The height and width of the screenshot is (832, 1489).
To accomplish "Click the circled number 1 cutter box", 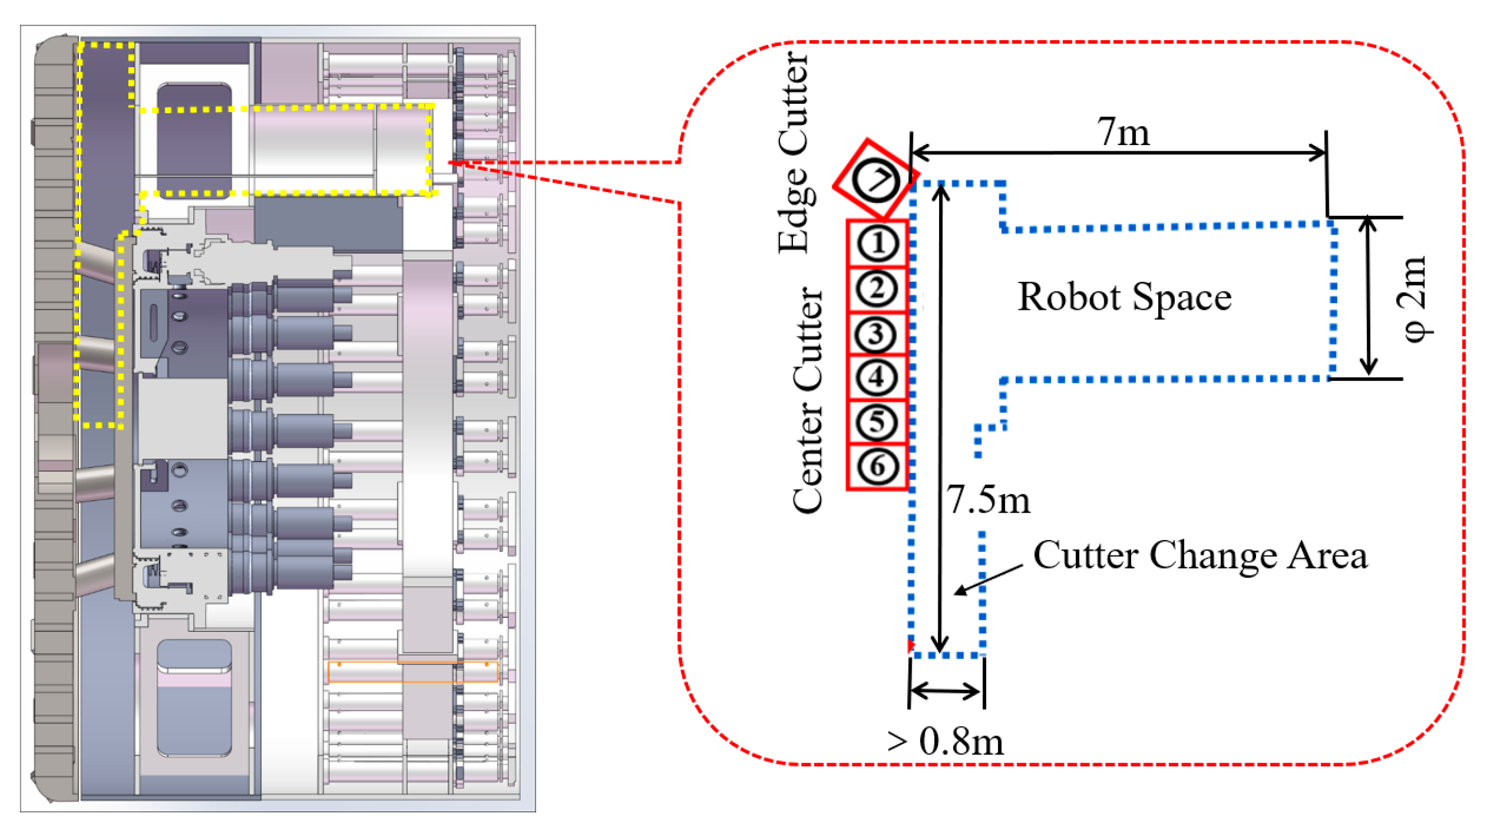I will [x=877, y=243].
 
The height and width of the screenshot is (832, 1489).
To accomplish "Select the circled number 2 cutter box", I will [x=877, y=289].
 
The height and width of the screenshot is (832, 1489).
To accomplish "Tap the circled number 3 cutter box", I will [x=877, y=333].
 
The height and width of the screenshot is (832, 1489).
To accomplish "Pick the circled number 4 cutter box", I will [x=877, y=378].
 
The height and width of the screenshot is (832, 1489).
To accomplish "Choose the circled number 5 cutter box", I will [x=877, y=422].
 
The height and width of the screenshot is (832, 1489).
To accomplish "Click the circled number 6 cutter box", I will [x=877, y=466].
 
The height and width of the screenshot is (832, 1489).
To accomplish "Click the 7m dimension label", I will [x=1123, y=132].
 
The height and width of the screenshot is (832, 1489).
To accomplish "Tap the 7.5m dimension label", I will [x=987, y=500].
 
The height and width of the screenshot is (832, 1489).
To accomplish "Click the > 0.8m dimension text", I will [x=945, y=742].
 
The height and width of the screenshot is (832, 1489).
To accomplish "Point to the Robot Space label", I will [x=1124, y=297].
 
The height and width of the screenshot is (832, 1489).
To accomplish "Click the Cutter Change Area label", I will [x=1200, y=556].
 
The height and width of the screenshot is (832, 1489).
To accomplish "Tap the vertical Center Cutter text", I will [x=807, y=400].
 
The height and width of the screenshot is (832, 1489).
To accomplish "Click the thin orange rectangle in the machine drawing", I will [x=413, y=672].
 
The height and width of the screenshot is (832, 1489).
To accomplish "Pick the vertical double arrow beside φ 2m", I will [x=1367, y=296].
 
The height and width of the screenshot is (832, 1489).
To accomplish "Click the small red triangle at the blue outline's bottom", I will [x=911, y=645].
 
